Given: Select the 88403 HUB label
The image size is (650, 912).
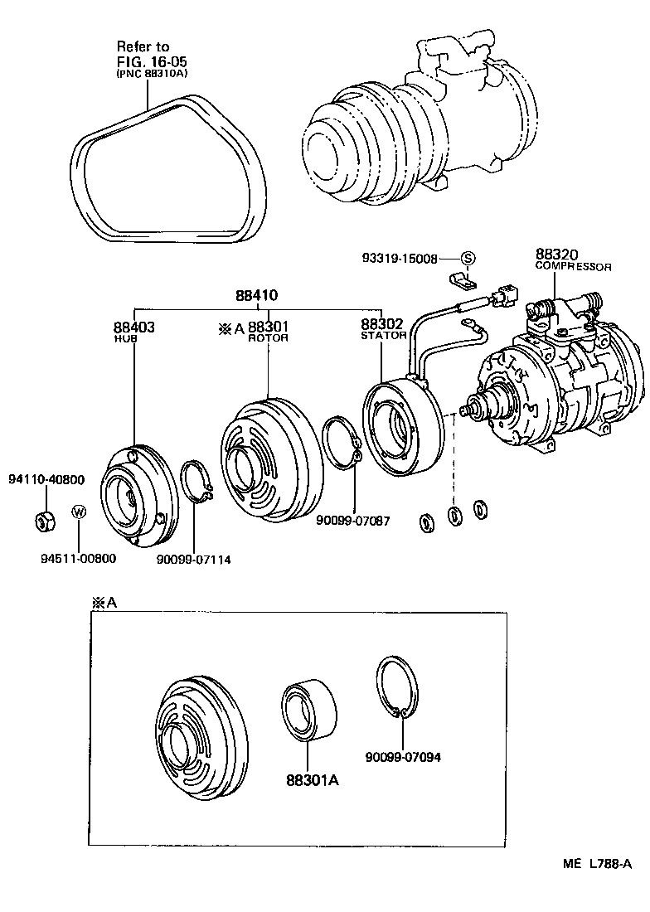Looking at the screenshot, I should (x=133, y=332).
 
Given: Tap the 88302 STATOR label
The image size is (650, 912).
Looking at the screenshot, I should (x=383, y=329).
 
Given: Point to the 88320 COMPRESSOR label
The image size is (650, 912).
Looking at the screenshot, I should (x=572, y=260).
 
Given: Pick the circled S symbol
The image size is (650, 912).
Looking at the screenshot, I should (x=467, y=259).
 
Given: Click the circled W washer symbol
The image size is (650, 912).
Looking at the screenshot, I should (x=79, y=512).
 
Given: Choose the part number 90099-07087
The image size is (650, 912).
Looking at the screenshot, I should (x=352, y=521).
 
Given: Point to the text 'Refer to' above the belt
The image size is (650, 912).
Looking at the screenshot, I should (x=143, y=46).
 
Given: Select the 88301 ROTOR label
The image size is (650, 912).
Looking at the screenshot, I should (x=267, y=332).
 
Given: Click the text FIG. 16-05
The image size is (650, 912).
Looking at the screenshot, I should (x=152, y=61).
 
